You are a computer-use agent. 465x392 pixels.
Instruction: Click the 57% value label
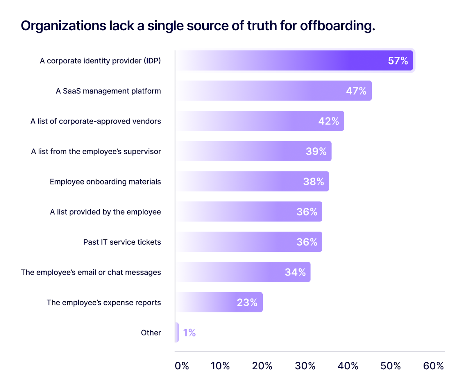pos(398,61)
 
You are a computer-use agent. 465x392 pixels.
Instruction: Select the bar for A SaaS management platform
pos(273,91)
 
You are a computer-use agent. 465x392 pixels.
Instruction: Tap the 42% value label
pos(328,121)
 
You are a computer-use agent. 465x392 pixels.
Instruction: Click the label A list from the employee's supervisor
pos(96,151)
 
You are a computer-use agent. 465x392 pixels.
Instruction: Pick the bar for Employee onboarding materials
pos(252,182)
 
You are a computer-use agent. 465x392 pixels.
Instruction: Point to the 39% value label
pos(316,151)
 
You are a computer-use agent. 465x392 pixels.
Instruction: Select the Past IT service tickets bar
pos(248,242)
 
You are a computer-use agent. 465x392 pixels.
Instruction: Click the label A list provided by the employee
pos(105,212)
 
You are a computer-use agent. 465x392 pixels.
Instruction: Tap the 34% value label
pos(295,272)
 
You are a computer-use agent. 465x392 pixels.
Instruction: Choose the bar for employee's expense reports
pos(219,302)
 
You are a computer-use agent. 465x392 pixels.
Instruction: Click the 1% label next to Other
pos(189,333)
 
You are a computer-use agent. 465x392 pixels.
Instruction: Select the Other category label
pos(151,333)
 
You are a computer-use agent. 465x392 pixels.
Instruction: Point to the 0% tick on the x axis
pos(182,366)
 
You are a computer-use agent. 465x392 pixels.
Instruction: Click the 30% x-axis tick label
pos(305,366)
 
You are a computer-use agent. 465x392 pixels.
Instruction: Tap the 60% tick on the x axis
pos(433,366)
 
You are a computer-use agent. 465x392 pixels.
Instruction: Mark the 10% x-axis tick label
pos(220,366)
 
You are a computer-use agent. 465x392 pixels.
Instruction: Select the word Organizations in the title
pos(63,26)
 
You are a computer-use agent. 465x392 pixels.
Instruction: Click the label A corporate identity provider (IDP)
pos(100,61)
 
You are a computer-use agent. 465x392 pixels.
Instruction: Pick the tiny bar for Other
pos(177,333)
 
